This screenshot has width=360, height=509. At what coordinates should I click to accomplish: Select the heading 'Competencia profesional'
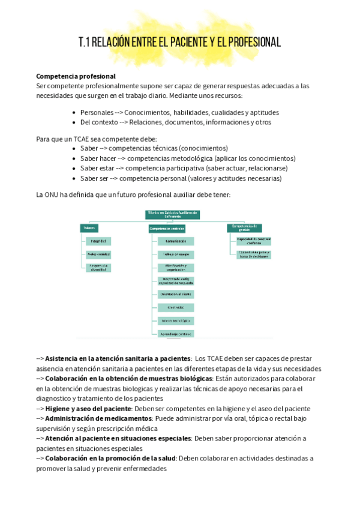click(x=76, y=76)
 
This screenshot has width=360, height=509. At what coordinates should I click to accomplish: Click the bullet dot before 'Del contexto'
click(x=73, y=122)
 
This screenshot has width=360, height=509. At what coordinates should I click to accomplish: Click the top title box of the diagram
click(x=172, y=214)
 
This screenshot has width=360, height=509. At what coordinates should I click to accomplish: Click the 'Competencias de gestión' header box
click(x=245, y=227)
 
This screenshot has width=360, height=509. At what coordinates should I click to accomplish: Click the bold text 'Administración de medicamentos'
click(x=98, y=418)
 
